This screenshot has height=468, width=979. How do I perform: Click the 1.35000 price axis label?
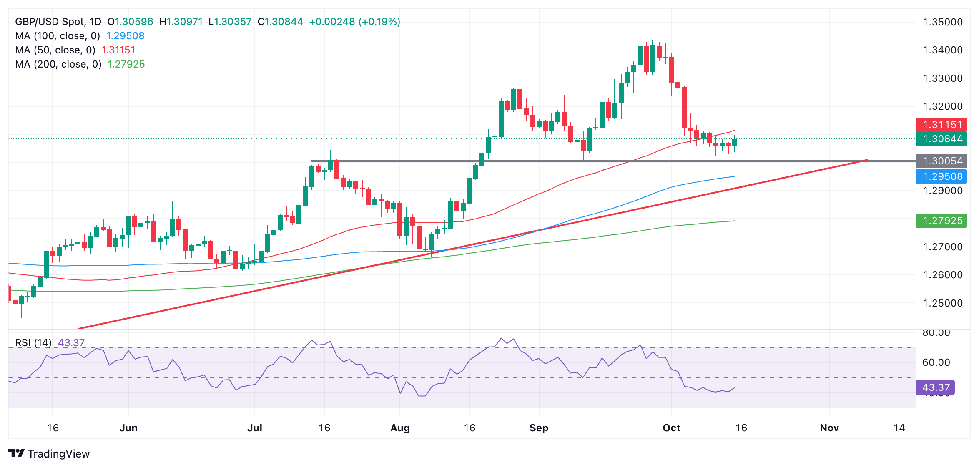pyautogui.click(x=942, y=22)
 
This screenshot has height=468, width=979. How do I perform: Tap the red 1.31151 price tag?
pyautogui.click(x=941, y=125)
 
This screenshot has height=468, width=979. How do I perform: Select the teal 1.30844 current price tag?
pyautogui.click(x=941, y=139)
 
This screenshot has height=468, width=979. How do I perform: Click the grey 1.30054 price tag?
pyautogui.click(x=941, y=161)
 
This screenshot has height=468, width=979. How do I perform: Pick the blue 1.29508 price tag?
pyautogui.click(x=941, y=176)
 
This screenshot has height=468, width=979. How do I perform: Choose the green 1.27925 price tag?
pyautogui.click(x=941, y=221)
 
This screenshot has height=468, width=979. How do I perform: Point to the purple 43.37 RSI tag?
pyautogui.click(x=935, y=387)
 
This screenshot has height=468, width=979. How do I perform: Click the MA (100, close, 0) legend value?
pyautogui.click(x=125, y=36)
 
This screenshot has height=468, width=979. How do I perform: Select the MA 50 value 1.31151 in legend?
pyautogui.click(x=118, y=50)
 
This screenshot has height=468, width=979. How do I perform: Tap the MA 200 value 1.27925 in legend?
pyautogui.click(x=126, y=64)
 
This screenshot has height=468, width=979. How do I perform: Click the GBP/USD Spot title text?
pyautogui.click(x=50, y=22)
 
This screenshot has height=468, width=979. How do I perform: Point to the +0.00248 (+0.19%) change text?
pyautogui.click(x=354, y=22)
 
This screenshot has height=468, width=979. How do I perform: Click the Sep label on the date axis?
pyautogui.click(x=539, y=428)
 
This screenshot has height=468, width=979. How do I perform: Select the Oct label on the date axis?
pyautogui.click(x=671, y=428)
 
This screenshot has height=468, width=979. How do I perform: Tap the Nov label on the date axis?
pyautogui.click(x=829, y=428)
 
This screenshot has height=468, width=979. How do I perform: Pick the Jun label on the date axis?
pyautogui.click(x=128, y=428)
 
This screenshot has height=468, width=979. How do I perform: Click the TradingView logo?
pyautogui.click(x=49, y=454)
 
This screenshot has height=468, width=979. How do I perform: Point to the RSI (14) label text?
pyautogui.click(x=33, y=343)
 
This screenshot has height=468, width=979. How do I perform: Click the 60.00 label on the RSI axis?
pyautogui.click(x=936, y=362)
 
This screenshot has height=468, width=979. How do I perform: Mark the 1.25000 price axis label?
pyautogui.click(x=942, y=303)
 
